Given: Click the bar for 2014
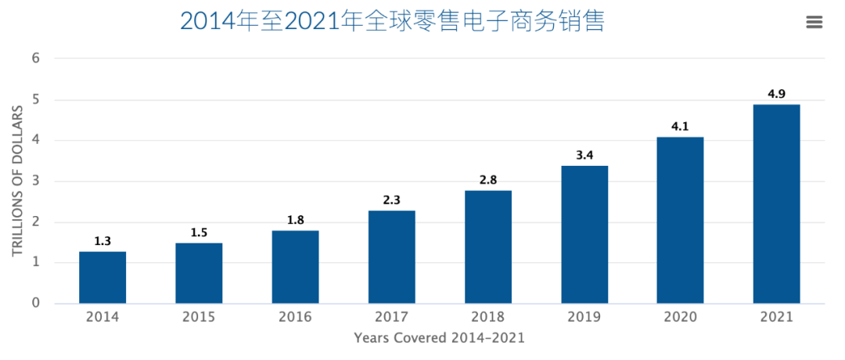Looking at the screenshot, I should click(x=102, y=277).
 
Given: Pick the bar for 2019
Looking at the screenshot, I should click(x=584, y=234).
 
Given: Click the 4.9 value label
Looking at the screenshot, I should click(x=776, y=94).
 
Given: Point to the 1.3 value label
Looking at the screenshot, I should click(x=102, y=241).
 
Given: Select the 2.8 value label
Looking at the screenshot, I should click(x=487, y=180).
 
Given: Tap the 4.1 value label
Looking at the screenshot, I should click(x=680, y=127).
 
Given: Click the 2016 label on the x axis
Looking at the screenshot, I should click(x=295, y=317).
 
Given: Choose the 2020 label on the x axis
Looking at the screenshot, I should click(x=680, y=317).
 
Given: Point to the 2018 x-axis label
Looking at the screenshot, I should click(x=487, y=317).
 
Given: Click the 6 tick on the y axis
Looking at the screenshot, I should click(x=36, y=59).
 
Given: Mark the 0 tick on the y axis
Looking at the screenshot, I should click(x=36, y=303).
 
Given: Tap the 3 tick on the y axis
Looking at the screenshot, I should click(x=36, y=181).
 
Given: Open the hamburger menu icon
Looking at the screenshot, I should click(x=814, y=22).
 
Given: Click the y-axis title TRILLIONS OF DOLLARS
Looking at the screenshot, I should click(x=17, y=181).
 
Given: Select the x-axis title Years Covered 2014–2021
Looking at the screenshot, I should click(x=439, y=338).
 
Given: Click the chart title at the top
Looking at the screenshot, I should click(x=392, y=21).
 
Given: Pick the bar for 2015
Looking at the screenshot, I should click(x=199, y=273).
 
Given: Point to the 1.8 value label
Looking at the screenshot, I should click(x=295, y=220).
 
